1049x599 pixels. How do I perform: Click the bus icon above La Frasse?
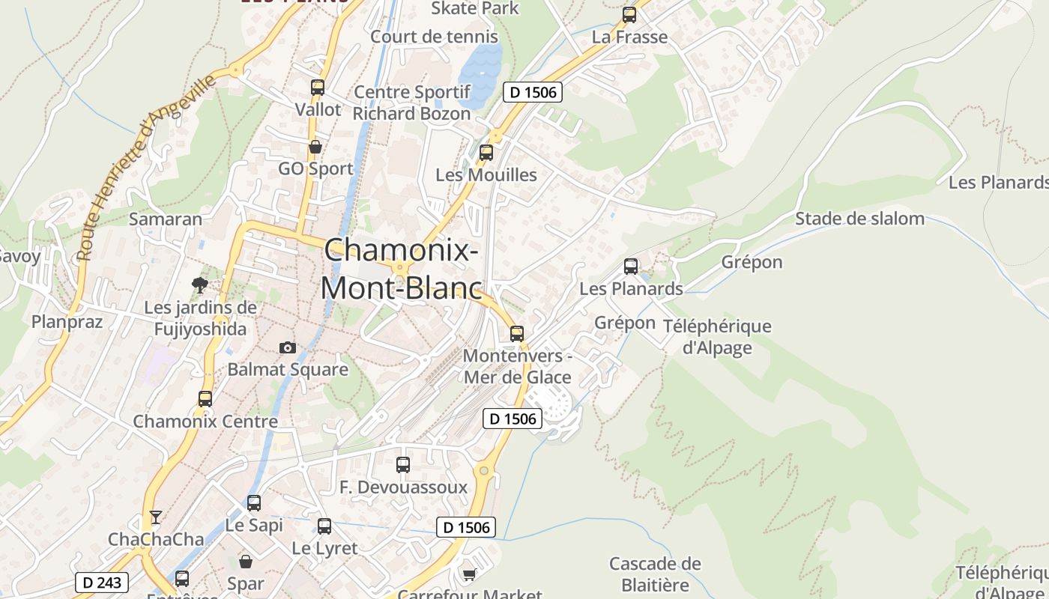pos(629,14)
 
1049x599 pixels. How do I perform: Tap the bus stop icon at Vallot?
pos(318,87)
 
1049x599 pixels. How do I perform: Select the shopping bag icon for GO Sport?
pos(315,147)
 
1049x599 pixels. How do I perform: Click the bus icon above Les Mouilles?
pos(486,153)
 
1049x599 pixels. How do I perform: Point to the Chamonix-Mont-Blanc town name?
pos(401,269)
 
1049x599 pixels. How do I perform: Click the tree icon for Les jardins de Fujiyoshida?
pos(199,285)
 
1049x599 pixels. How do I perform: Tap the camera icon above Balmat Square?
pos(288,347)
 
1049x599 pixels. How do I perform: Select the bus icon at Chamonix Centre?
pos(205,398)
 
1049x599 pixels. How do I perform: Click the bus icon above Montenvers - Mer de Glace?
pos(517,334)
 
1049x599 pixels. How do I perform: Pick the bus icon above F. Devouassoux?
pos(403,465)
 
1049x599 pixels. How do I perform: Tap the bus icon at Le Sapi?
pos(254,502)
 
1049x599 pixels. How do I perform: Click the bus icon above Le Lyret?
pos(324,526)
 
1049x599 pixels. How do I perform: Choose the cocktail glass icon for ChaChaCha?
pos(155,517)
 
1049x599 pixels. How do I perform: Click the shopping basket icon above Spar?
pos(246,561)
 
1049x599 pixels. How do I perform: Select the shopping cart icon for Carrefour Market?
pos(469,574)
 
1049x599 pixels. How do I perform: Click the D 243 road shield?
pos(102,583)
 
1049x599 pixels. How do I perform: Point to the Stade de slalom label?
pos(859,219)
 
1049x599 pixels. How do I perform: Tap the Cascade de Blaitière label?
pos(655,574)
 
